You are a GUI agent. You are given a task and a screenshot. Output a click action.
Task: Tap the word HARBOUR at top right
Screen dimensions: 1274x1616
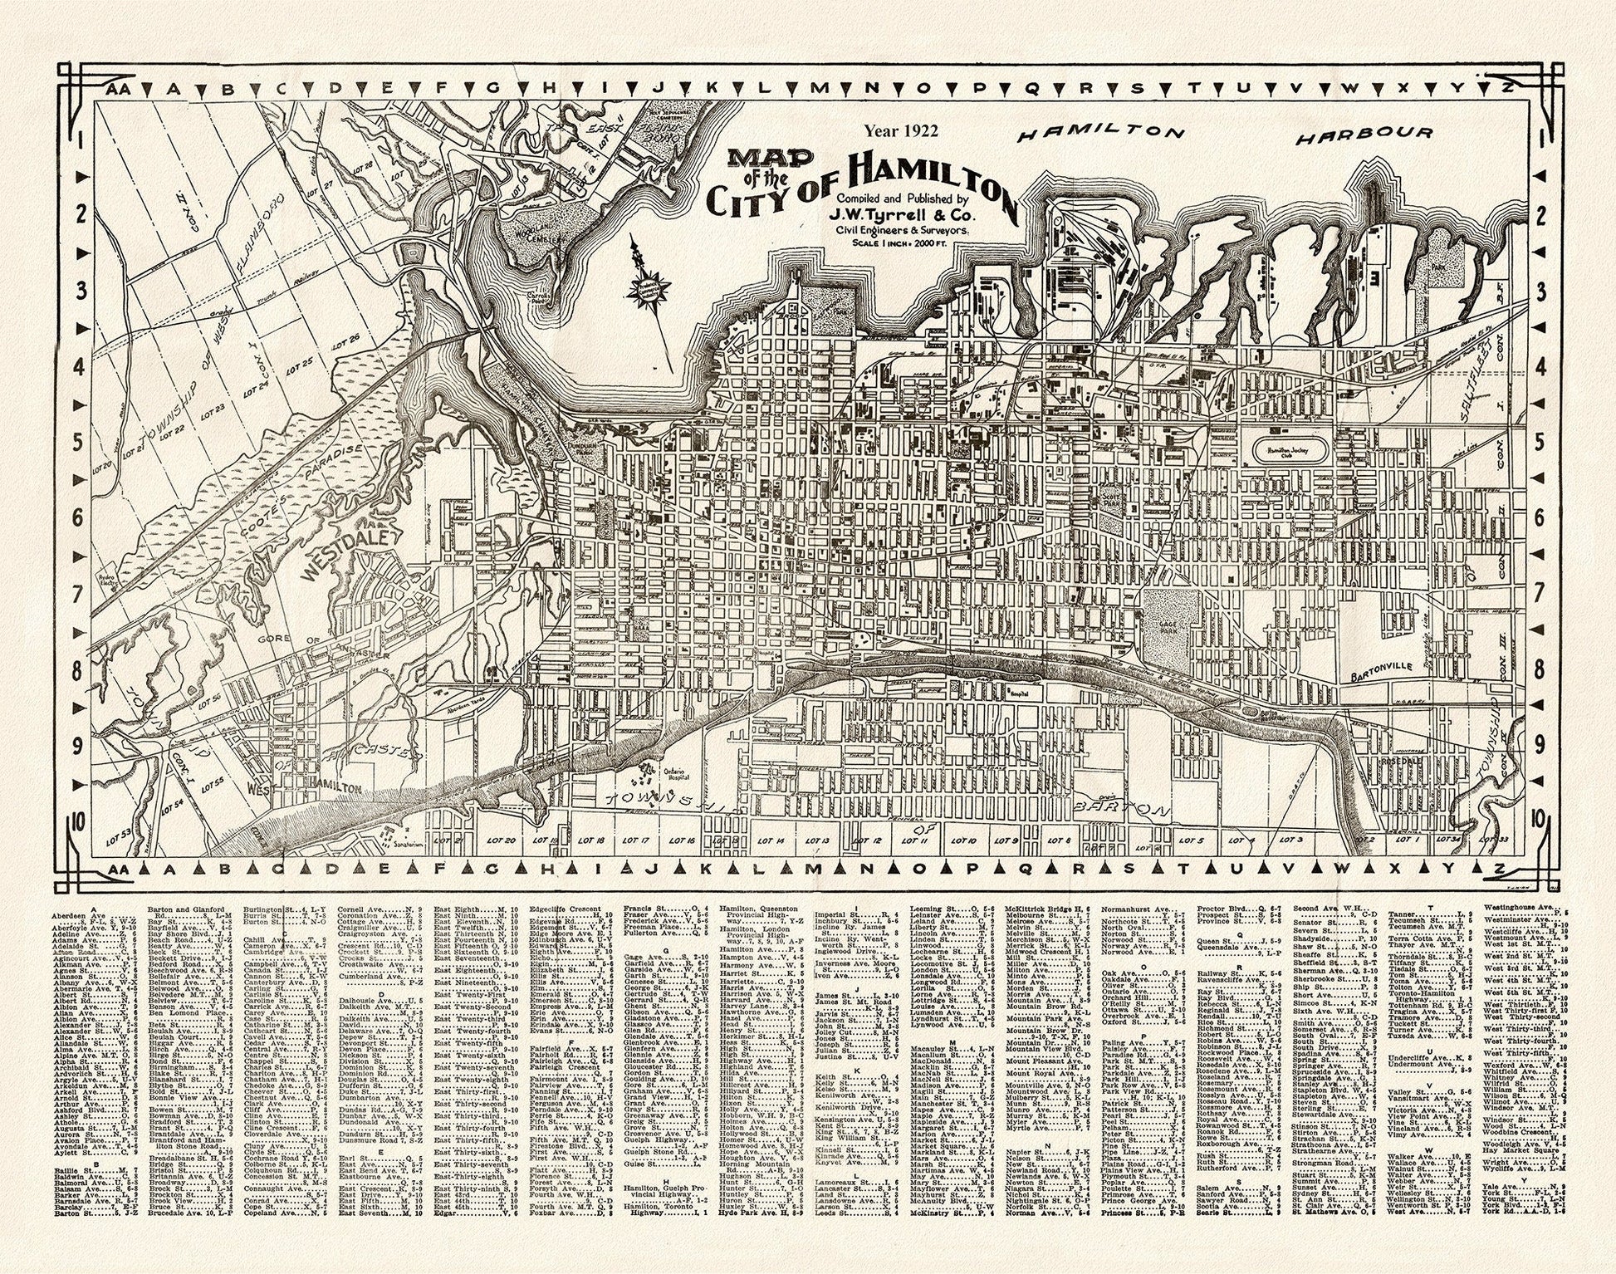1363,134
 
